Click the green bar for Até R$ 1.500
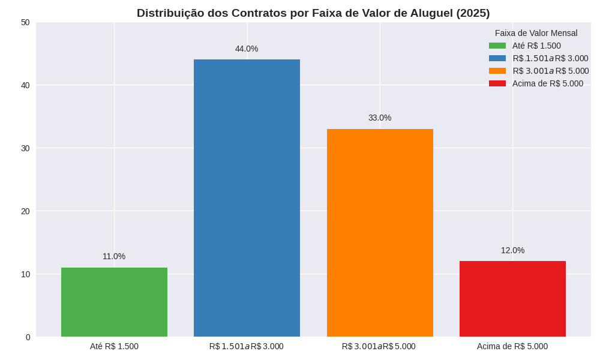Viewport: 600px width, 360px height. [114, 302]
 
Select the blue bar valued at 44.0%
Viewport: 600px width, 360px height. [247, 198]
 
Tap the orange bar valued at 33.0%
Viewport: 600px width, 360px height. [380, 233]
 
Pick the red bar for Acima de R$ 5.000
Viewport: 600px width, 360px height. [512, 299]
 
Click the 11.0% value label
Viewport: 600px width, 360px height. [114, 256]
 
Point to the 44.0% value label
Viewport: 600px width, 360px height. [247, 49]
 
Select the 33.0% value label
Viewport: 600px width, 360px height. [380, 118]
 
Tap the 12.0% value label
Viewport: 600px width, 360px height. [512, 250]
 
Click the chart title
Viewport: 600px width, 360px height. [313, 13]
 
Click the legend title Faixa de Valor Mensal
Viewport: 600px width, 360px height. [536, 33]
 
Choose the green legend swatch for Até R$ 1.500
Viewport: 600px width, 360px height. [497, 46]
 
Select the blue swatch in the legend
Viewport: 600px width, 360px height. [497, 58]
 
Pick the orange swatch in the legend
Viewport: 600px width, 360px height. [497, 71]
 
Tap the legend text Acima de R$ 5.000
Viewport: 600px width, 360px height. [548, 83]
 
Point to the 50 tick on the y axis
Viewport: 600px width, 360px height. [25, 22]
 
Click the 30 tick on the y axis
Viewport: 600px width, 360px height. [25, 148]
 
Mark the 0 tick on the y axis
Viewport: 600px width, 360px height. [28, 337]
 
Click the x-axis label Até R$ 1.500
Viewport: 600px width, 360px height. [114, 346]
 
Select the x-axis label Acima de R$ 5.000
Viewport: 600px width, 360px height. [512, 346]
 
